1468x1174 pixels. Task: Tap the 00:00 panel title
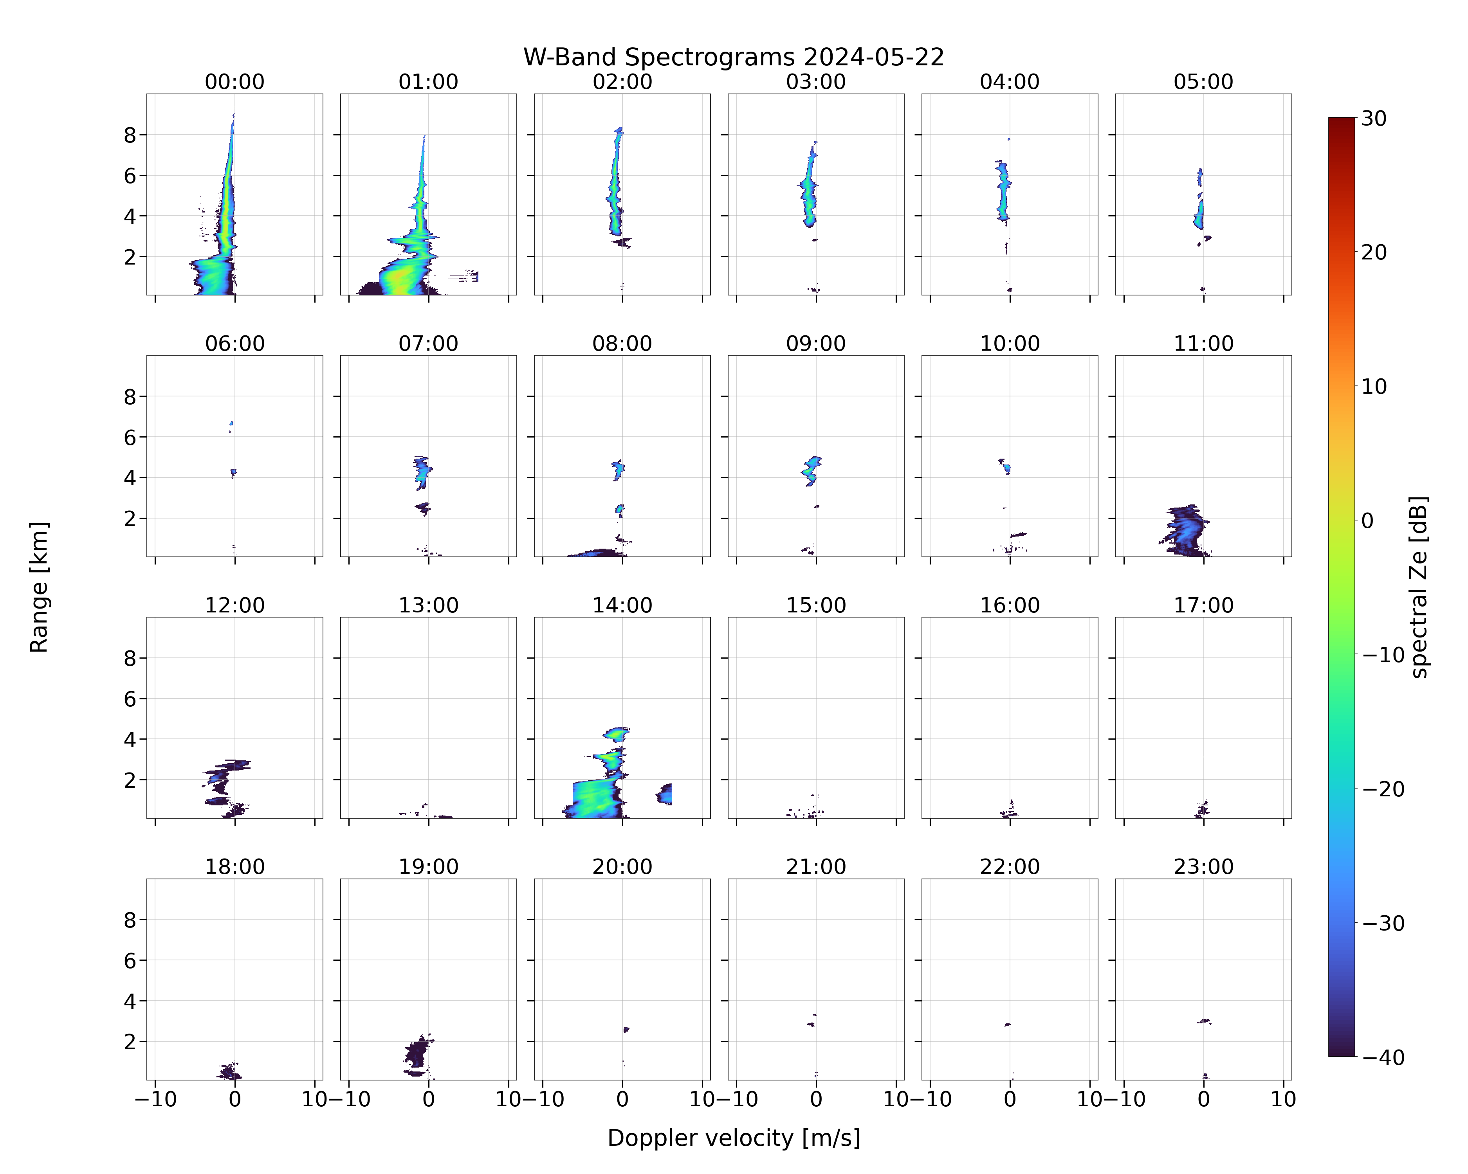tap(235, 82)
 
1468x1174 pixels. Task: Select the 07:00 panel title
tap(428, 344)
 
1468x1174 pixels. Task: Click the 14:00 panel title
tap(622, 605)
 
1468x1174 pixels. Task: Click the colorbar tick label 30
tap(1374, 119)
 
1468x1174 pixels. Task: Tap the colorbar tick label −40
tap(1383, 1058)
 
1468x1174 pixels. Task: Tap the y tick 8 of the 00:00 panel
tap(130, 135)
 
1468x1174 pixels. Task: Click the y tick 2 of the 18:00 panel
tap(130, 1042)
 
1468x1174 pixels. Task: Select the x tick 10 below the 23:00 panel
tap(1284, 1099)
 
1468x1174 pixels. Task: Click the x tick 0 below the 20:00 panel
tap(622, 1099)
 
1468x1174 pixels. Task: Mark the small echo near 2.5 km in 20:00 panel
tap(626, 1030)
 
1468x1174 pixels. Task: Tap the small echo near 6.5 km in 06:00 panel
tap(231, 425)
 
